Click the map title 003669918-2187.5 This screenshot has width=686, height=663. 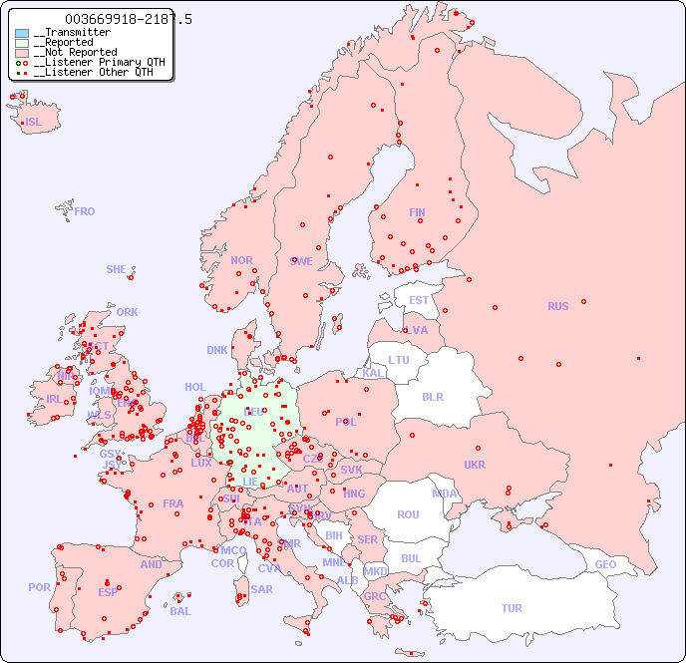[x=128, y=19]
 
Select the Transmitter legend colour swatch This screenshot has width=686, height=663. [x=22, y=33]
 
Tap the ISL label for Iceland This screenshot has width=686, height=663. [x=33, y=123]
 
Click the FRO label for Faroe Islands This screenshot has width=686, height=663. [x=85, y=211]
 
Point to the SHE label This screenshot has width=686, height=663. [x=116, y=269]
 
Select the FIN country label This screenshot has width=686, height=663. [x=417, y=212]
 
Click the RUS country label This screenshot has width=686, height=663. [x=557, y=306]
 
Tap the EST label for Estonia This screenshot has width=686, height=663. [x=419, y=300]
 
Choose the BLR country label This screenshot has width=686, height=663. [x=432, y=396]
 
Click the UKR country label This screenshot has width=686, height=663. [x=474, y=465]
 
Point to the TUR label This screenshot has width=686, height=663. [x=511, y=608]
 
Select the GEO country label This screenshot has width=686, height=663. [x=605, y=564]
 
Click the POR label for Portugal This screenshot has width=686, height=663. [x=39, y=587]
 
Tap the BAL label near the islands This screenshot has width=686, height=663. [x=179, y=611]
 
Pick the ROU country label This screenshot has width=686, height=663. [x=408, y=514]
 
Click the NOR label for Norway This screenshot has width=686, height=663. [x=241, y=260]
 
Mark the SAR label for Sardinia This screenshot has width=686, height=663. [x=261, y=589]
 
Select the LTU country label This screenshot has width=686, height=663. [x=399, y=360]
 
